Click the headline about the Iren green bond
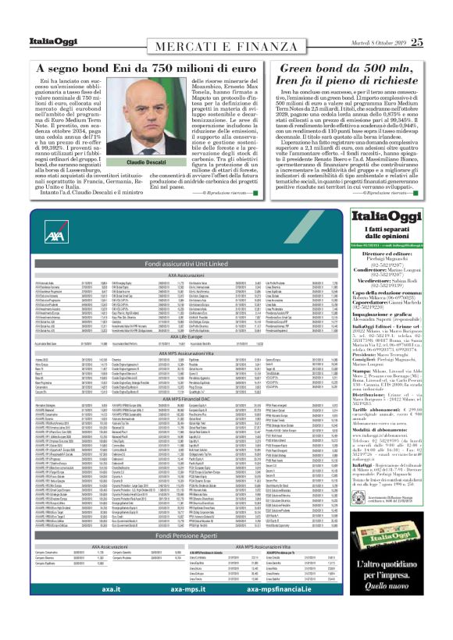tap(348, 74)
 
